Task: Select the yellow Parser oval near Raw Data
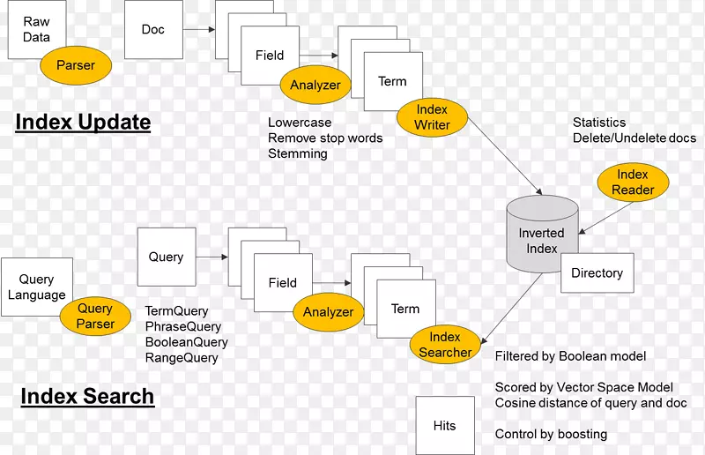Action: tap(76, 65)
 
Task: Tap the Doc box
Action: tap(153, 29)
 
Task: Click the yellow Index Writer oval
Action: tap(432, 117)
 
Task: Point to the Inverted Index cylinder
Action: tap(541, 235)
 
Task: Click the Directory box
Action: tap(597, 273)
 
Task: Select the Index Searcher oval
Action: tap(445, 344)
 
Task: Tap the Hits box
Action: tap(445, 426)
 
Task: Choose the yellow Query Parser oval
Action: tap(95, 317)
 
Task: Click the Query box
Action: tap(166, 257)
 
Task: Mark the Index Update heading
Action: tap(83, 122)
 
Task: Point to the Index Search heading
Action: tap(87, 396)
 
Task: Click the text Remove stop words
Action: tap(325, 138)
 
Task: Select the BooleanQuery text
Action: tap(186, 342)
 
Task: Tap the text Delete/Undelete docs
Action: tap(634, 138)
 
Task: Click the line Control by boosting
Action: tap(551, 434)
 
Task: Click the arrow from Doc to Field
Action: tap(199, 29)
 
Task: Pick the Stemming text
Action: tap(297, 153)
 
